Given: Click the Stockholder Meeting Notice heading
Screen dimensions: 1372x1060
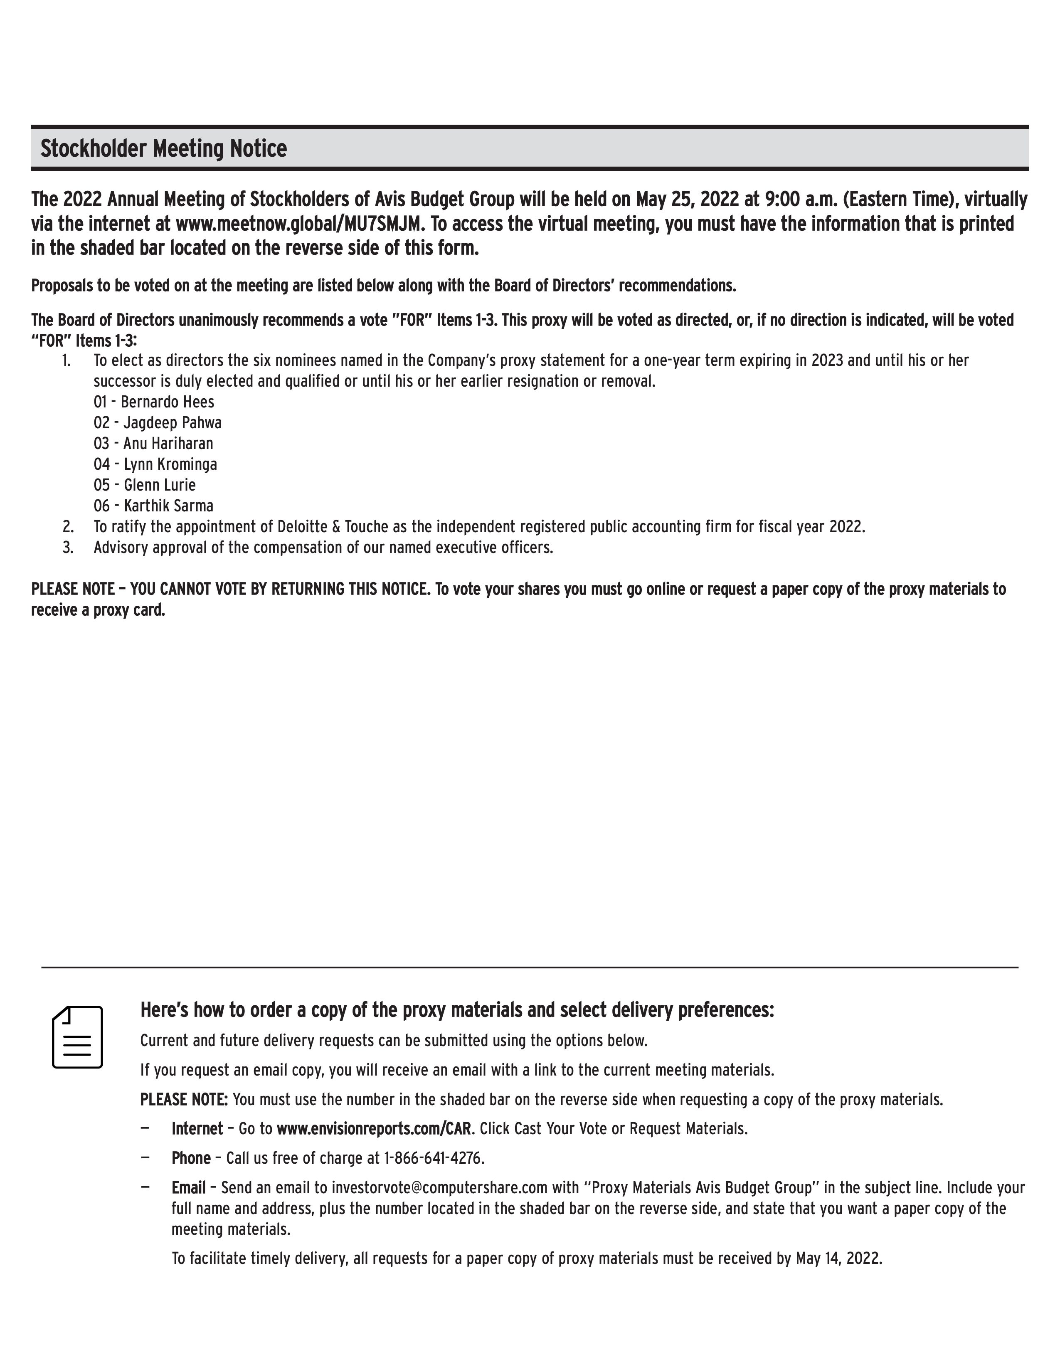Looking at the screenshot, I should coord(164,149).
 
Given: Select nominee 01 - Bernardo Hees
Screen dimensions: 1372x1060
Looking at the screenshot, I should coord(154,402).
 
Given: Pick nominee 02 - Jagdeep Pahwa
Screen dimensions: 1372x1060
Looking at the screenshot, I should coord(158,423).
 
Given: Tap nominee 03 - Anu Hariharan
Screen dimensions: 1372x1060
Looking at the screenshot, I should coord(153,444).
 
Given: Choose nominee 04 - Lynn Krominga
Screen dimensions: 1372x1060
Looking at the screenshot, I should coord(155,464).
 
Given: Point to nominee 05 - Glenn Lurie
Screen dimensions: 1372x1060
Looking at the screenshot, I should coord(144,485).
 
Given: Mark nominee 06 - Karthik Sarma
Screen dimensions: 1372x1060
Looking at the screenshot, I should coord(153,506).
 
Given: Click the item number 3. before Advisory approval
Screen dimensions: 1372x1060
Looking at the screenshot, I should coord(68,547).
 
